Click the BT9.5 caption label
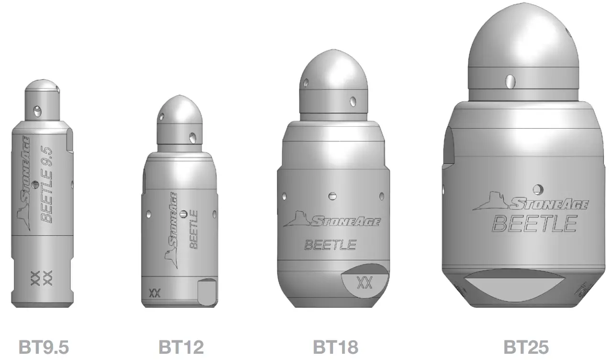pyautogui.click(x=44, y=347)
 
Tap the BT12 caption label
pyautogui.click(x=181, y=347)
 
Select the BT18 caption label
pyautogui.click(x=335, y=347)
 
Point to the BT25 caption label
pyautogui.click(x=526, y=347)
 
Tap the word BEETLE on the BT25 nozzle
pyautogui.click(x=535, y=223)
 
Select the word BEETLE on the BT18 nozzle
pyautogui.click(x=330, y=245)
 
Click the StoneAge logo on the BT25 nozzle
pyautogui.click(x=530, y=202)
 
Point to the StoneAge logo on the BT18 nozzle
pyautogui.click(x=332, y=219)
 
